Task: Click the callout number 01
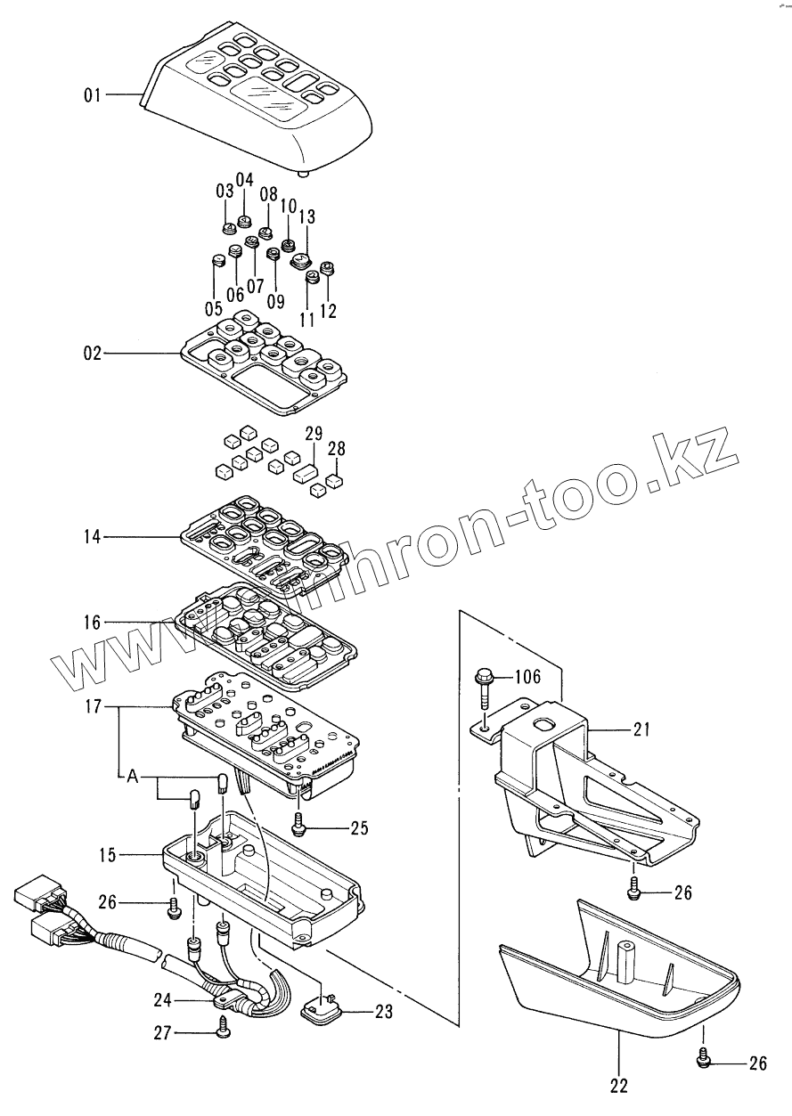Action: coord(94,94)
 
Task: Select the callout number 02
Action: coord(94,354)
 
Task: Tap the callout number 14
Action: coord(94,537)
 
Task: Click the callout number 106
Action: coord(527,678)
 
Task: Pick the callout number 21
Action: coord(642,730)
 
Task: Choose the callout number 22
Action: coord(618,1086)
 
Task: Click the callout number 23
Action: coord(383,1011)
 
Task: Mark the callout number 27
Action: coord(161,1032)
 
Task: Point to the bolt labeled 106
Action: coord(482,689)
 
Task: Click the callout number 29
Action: coord(313,434)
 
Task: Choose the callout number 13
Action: coord(306,216)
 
